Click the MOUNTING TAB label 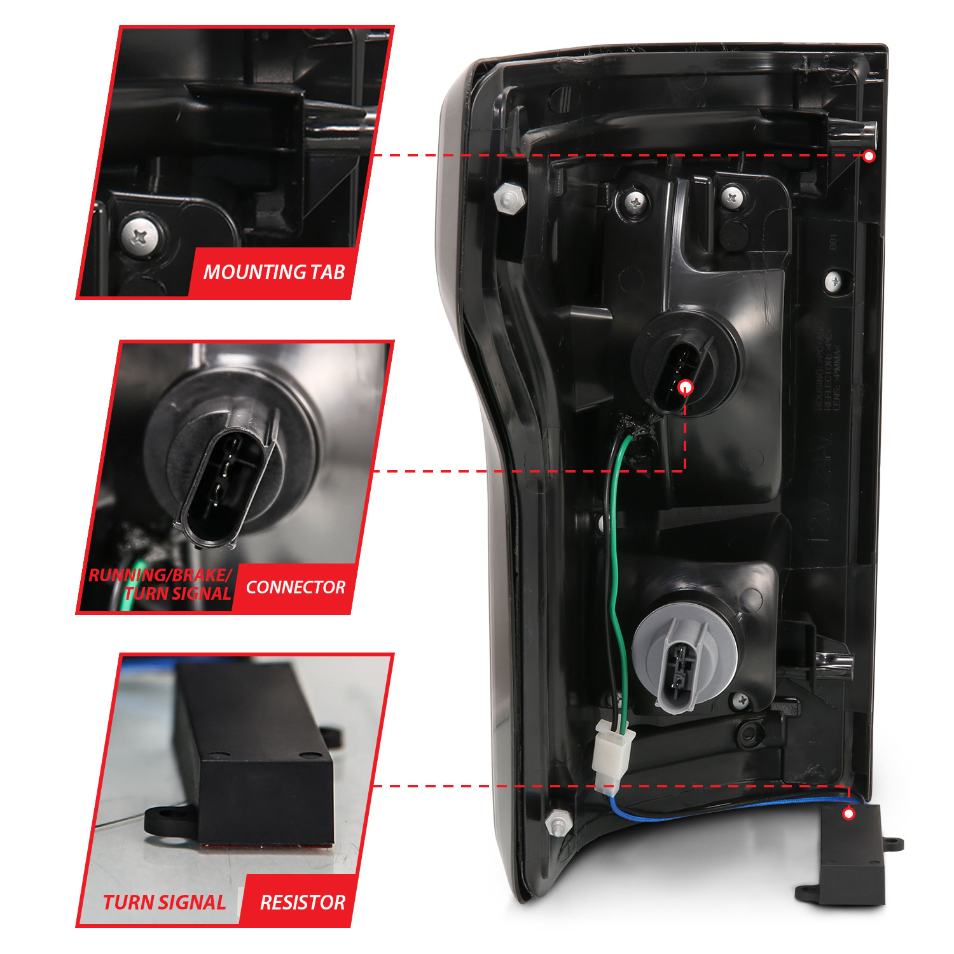273,272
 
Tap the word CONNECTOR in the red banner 296,587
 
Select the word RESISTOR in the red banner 302,902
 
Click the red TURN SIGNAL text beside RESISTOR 164,902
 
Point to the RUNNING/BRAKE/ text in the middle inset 159,575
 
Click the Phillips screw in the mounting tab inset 141,237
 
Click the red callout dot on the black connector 686,387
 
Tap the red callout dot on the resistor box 848,813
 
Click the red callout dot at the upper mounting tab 869,156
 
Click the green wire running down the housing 615,572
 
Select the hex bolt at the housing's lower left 558,824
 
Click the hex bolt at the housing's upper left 509,199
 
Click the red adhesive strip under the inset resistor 267,847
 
